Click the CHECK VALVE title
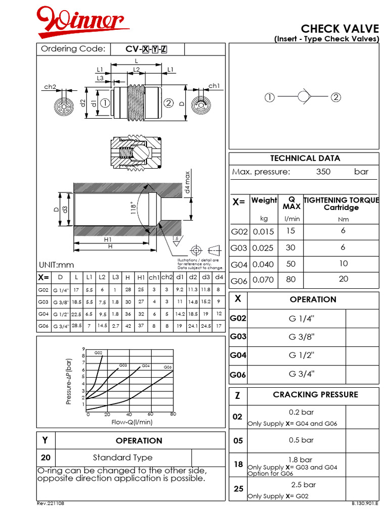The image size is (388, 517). coord(339,28)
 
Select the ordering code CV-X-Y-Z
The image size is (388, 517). coord(147,49)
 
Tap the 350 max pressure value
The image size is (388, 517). coord(323,172)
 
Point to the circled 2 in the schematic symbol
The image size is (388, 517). coord(336,97)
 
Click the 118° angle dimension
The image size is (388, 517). coord(134,209)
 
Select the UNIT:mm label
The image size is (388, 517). coord(56,265)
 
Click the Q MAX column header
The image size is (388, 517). coord(292,203)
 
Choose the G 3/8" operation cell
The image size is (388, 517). coord(301,336)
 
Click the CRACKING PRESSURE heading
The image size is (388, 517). coord(315,395)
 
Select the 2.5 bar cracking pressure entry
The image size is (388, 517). coord(303,484)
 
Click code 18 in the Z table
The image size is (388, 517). coord(238,464)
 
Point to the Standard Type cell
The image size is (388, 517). coord(122,457)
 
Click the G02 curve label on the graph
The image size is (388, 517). coord(98,352)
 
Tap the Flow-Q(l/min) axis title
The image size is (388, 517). coord(132,422)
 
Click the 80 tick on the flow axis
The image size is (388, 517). coord(173,415)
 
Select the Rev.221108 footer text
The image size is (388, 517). coord(51,504)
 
